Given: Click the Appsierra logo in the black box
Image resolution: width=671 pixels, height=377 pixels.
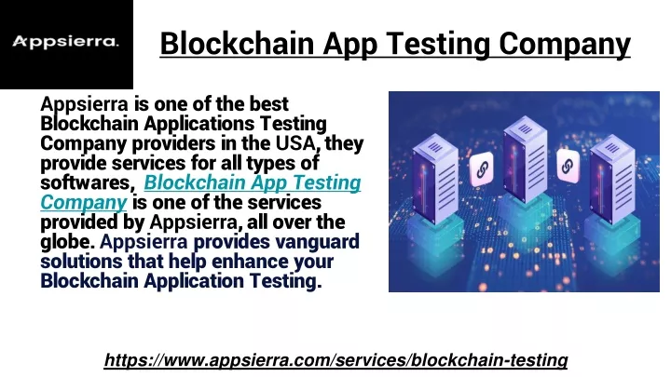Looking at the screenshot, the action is (65, 42).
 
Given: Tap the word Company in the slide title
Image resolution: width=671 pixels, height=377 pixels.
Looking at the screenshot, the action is (565, 45).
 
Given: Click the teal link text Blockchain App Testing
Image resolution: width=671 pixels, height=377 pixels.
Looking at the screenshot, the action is (253, 183).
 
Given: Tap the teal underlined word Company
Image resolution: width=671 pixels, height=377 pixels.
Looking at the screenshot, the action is (84, 203).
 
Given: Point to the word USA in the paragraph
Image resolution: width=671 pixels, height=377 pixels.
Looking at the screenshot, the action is (295, 143).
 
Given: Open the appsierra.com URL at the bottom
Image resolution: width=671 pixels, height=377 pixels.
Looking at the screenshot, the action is (335, 360).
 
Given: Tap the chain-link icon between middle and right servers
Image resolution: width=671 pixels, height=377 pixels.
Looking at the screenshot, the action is (568, 166).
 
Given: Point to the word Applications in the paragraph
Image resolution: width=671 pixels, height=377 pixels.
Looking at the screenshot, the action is (199, 124).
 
